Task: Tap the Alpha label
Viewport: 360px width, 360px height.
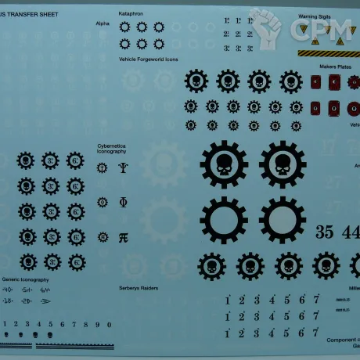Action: coord(103,24)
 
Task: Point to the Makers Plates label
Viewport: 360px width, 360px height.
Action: coord(335,67)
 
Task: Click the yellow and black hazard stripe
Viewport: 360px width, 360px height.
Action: coord(329,53)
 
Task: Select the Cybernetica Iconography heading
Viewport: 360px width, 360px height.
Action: coord(112,148)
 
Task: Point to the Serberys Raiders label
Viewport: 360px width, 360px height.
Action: coord(139,289)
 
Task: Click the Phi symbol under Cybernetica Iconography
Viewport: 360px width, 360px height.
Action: coord(123,202)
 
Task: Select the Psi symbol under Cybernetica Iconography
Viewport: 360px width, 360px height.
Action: coord(123,167)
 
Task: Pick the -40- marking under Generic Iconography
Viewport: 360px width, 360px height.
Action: coord(9,290)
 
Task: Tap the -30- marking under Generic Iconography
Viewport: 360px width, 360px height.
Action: coord(45,301)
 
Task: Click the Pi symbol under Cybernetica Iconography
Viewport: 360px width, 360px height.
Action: coord(123,237)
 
